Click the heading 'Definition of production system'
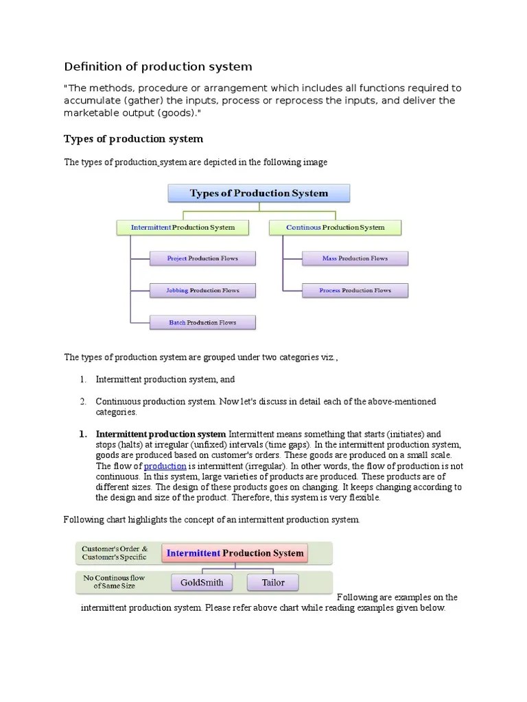coord(158,66)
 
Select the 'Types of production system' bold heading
coord(133,139)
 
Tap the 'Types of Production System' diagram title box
coord(259,193)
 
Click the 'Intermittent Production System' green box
coord(183,228)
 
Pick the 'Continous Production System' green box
coord(335,228)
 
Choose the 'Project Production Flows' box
coord(202,258)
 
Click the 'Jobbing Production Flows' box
coord(202,291)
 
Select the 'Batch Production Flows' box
coord(202,323)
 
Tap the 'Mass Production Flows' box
coord(355,258)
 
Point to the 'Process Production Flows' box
coord(355,291)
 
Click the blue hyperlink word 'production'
coord(165,466)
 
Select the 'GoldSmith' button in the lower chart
coord(202,583)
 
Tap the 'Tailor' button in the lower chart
coord(272,583)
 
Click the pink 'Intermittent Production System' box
coord(235,553)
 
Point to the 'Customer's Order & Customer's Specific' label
coord(114,553)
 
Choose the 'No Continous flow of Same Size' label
coord(114,582)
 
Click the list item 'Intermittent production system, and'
coord(165,379)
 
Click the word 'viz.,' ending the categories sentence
coord(328,357)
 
